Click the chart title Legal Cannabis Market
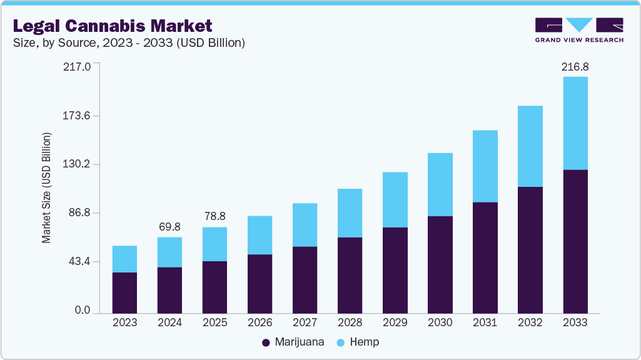(x=113, y=26)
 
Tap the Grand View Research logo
(x=578, y=30)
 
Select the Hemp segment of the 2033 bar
(x=575, y=123)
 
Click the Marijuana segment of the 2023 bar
(x=124, y=292)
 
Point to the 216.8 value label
(x=575, y=67)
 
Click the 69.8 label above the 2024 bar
(x=169, y=226)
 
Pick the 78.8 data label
(x=215, y=216)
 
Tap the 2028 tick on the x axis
(x=350, y=322)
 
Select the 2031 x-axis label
(x=485, y=322)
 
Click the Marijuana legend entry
(x=293, y=342)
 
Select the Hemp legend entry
(x=359, y=342)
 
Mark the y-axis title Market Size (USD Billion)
(x=46, y=188)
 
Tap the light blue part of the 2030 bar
(x=440, y=184)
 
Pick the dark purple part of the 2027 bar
(x=305, y=280)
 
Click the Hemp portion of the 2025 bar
(x=215, y=244)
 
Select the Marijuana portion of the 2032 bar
(x=530, y=250)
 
